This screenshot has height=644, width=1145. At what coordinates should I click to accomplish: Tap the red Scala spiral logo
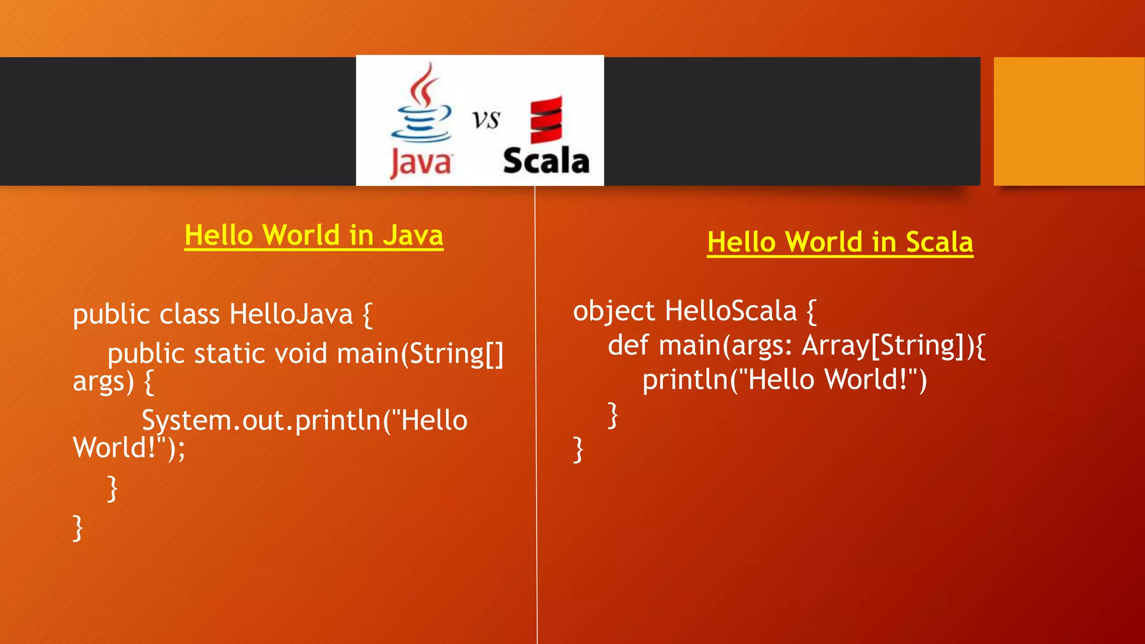[x=546, y=120]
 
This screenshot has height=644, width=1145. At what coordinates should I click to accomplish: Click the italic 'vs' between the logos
[x=485, y=120]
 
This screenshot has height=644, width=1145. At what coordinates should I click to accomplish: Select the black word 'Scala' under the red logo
[x=546, y=161]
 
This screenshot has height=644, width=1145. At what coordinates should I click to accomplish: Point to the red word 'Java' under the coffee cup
[x=420, y=163]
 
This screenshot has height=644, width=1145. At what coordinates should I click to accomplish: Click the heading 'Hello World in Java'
[x=314, y=235]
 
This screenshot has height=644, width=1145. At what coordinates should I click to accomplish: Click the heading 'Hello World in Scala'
[x=840, y=243]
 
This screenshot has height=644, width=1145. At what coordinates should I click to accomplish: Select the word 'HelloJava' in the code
[x=291, y=314]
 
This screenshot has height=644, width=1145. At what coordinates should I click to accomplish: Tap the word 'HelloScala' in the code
[x=730, y=311]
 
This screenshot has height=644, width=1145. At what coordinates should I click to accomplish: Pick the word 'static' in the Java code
[x=229, y=354]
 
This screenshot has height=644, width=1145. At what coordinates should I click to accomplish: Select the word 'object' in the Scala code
[x=613, y=311]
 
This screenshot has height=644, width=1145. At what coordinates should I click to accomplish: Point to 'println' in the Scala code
[x=685, y=380]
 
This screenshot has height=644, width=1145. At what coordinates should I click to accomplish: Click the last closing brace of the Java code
[x=78, y=528]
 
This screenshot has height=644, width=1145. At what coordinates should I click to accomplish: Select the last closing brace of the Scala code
[x=578, y=450]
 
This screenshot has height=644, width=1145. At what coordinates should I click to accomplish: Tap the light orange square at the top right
[x=1068, y=121]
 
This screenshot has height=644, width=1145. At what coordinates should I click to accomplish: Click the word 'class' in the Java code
[x=189, y=314]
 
